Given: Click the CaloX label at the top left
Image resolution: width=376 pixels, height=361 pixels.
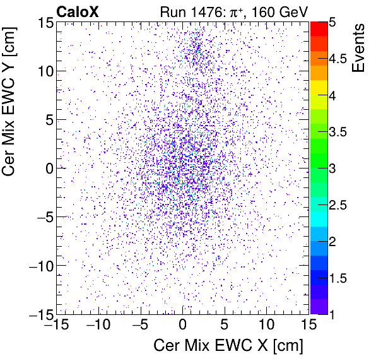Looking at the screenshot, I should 78,11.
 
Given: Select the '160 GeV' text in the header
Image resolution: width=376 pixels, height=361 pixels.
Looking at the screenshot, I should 276,11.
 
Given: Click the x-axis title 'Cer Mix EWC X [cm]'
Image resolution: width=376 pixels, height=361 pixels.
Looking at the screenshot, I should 228,346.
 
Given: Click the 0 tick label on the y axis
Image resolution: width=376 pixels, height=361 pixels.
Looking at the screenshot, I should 47,169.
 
